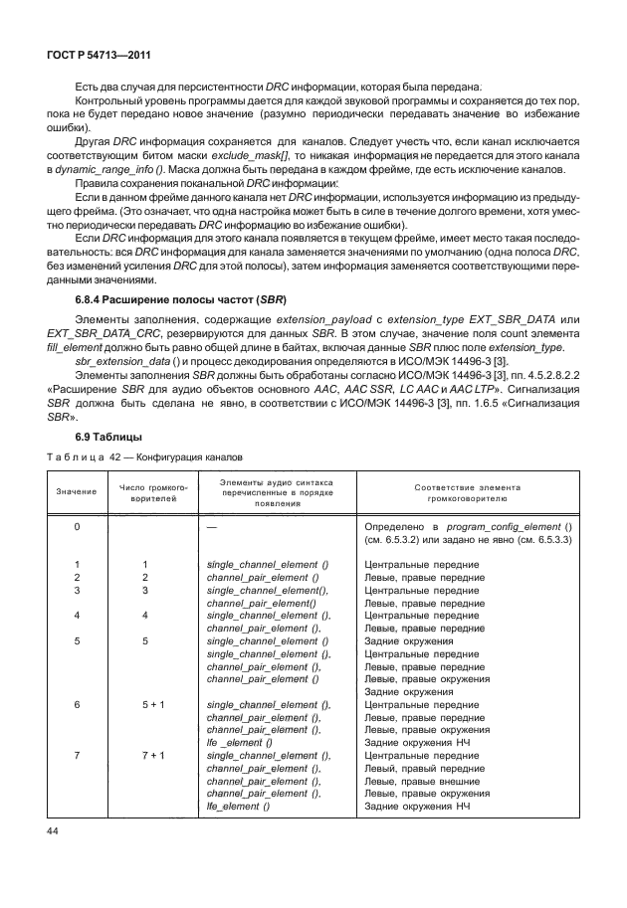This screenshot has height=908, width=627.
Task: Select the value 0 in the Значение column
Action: tap(77, 525)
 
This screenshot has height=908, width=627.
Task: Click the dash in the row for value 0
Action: tap(211, 525)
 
